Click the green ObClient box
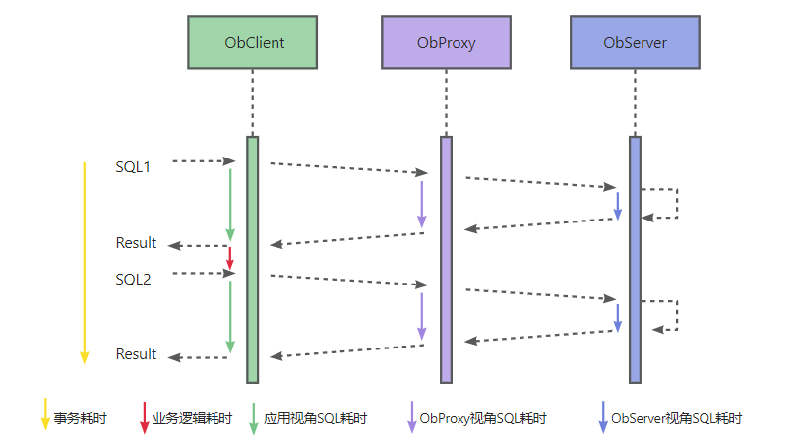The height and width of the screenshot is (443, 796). point(252,42)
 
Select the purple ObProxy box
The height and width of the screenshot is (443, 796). point(446,42)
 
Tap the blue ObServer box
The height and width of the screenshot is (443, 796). point(635,42)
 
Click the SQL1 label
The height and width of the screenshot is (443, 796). point(133,167)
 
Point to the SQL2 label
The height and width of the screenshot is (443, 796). point(133,280)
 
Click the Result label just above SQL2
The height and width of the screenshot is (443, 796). point(136,243)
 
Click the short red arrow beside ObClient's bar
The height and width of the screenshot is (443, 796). point(230,257)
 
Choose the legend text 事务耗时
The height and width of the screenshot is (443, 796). point(81,418)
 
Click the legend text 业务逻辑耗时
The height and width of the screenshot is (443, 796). point(192,418)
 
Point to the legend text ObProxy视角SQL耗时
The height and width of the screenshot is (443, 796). point(482,418)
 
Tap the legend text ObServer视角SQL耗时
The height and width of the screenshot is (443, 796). point(677,418)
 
